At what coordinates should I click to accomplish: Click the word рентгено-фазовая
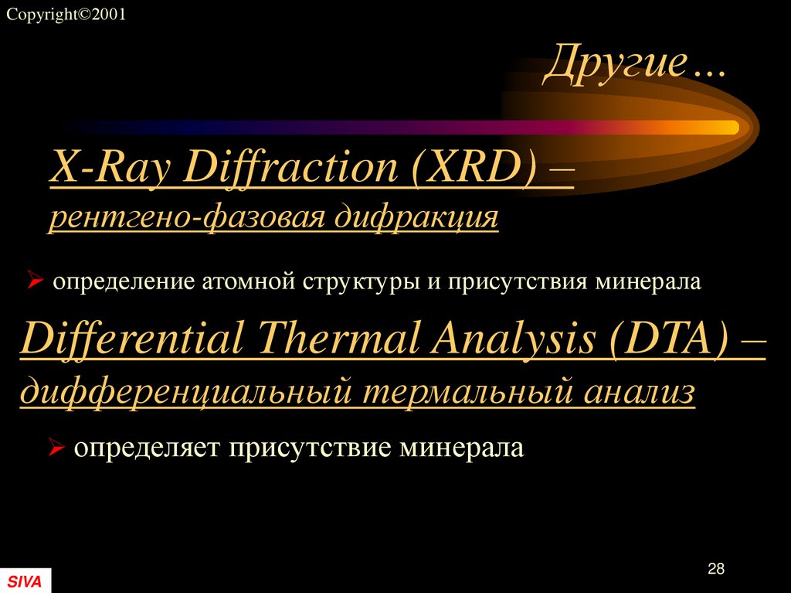click(x=185, y=217)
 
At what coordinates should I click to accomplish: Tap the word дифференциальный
click(x=185, y=391)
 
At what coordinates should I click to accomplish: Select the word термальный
click(x=459, y=391)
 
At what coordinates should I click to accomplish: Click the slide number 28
click(x=715, y=569)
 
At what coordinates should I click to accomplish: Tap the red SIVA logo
click(x=25, y=581)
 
